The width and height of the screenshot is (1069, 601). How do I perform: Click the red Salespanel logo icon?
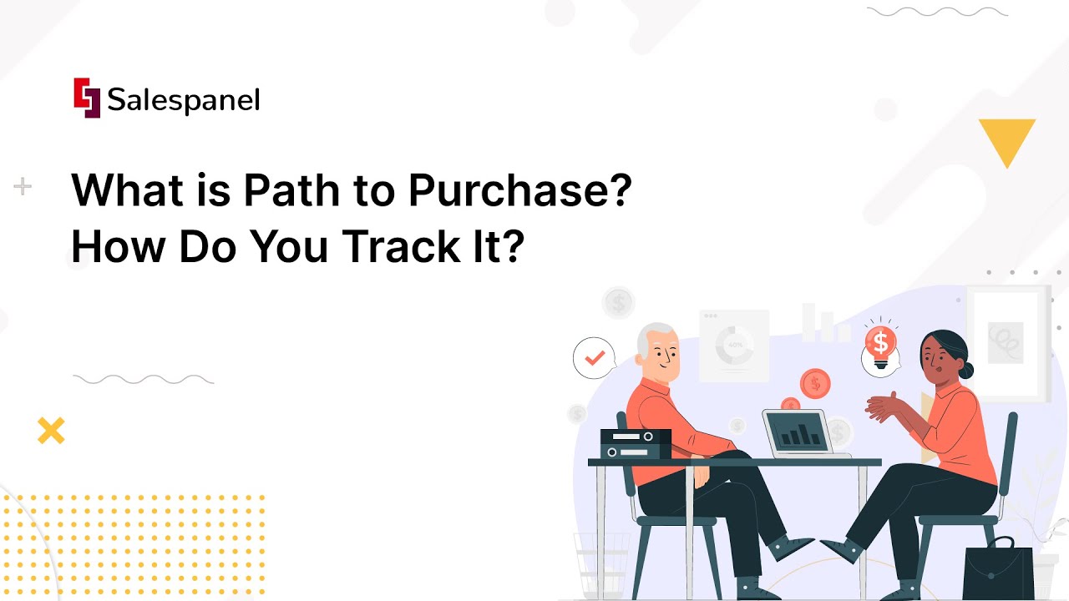click(87, 98)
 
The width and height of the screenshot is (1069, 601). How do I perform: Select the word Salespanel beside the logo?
click(184, 100)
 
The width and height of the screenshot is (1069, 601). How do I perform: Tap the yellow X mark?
click(51, 431)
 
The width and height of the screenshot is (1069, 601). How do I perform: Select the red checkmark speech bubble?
click(595, 358)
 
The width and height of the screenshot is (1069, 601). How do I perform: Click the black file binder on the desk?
click(636, 443)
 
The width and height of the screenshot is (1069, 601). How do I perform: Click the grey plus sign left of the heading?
click(23, 187)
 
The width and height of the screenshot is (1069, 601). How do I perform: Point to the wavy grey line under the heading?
click(143, 380)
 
